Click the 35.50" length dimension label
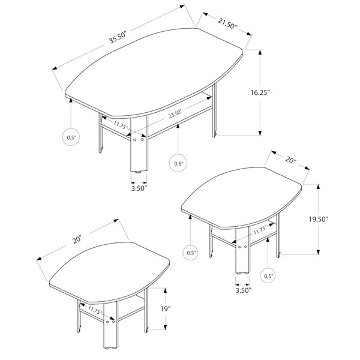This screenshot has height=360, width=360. [118, 38]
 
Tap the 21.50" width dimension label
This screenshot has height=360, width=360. [227, 23]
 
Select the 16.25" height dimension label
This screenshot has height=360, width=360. [260, 92]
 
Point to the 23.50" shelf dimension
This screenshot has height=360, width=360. [175, 114]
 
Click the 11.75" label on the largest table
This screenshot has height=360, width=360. [121, 125]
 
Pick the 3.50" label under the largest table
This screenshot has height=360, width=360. [139, 188]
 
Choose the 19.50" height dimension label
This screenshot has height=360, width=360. [318, 219]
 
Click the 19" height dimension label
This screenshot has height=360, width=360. [165, 309]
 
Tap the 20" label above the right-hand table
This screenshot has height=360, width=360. [290, 159]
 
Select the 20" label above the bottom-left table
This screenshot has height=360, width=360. [77, 239]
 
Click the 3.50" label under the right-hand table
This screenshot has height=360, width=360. [244, 290]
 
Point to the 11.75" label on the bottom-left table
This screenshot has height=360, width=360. [95, 310]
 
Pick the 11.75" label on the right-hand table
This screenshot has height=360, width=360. [260, 230]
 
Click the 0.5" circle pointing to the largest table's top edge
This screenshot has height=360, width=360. [71, 137]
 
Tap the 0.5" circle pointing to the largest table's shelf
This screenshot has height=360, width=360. [178, 163]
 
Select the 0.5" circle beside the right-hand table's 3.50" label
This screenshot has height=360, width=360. [268, 276]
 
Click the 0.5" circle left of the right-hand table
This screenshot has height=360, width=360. [191, 253]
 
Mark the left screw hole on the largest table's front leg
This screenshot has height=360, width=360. [135, 140]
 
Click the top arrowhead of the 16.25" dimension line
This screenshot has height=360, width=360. [260, 52]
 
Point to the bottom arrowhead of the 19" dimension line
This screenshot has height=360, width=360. [165, 327]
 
